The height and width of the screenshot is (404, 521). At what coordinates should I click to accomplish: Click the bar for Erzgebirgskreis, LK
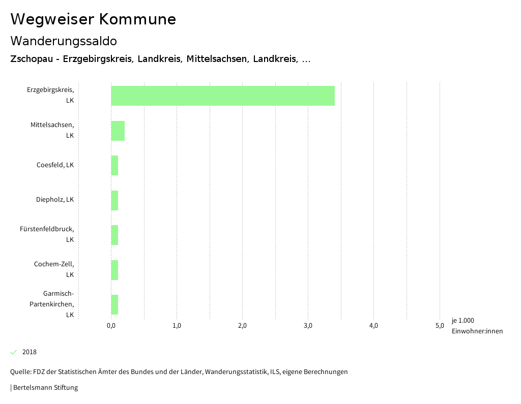223,96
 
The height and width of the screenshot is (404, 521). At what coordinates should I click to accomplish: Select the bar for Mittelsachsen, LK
118,131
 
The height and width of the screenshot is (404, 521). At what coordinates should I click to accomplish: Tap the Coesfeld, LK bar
115,165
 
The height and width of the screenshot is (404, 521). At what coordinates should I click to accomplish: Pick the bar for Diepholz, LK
115,200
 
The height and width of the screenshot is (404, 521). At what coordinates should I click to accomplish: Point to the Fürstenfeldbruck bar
115,235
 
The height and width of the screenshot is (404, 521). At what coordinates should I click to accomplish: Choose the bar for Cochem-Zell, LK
115,270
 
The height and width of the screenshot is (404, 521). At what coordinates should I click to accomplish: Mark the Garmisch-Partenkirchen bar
115,304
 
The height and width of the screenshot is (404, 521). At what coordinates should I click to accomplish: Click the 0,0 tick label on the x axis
111,326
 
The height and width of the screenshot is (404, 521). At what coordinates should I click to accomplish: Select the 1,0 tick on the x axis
177,326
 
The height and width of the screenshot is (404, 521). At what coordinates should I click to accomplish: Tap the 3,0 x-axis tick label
308,326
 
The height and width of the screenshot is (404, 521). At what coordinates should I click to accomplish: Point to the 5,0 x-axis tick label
439,326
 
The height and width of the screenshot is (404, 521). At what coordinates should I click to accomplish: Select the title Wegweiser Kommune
93,19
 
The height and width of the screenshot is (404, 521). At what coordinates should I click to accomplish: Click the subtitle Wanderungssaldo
64,41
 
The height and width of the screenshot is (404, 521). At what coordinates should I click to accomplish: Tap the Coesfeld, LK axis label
55,165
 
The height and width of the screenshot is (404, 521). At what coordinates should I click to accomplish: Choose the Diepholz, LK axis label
55,200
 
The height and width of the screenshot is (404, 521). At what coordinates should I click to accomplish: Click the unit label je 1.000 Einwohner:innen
477,326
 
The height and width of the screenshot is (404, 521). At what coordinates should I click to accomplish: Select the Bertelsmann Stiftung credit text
45,388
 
